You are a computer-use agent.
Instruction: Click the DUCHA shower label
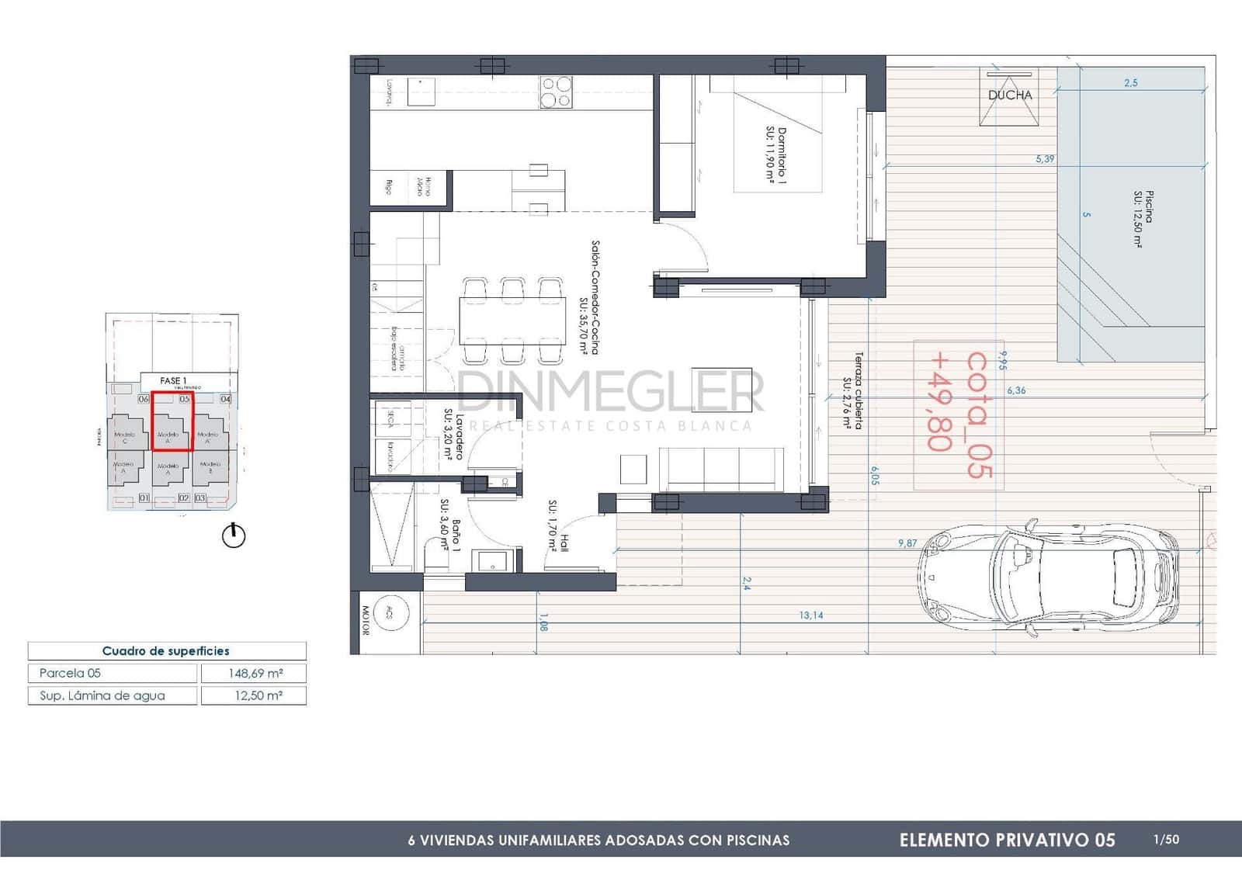[x=1010, y=95]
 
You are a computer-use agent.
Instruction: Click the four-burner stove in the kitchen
[x=556, y=92]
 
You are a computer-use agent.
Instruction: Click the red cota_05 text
[x=977, y=414]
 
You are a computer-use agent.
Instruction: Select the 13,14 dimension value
[x=811, y=615]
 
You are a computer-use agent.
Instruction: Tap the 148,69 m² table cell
[x=254, y=674]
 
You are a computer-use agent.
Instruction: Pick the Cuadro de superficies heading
[x=166, y=651]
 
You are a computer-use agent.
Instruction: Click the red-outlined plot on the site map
[x=172, y=421]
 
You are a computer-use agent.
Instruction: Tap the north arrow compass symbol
[x=234, y=536]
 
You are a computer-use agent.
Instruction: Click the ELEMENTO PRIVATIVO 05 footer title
[x=1007, y=840]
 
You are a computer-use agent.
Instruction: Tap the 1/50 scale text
[x=1166, y=839]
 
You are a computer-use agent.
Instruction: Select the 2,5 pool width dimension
[x=1130, y=83]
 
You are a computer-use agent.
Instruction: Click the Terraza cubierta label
[x=853, y=390]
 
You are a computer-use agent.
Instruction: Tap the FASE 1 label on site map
[x=172, y=381]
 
